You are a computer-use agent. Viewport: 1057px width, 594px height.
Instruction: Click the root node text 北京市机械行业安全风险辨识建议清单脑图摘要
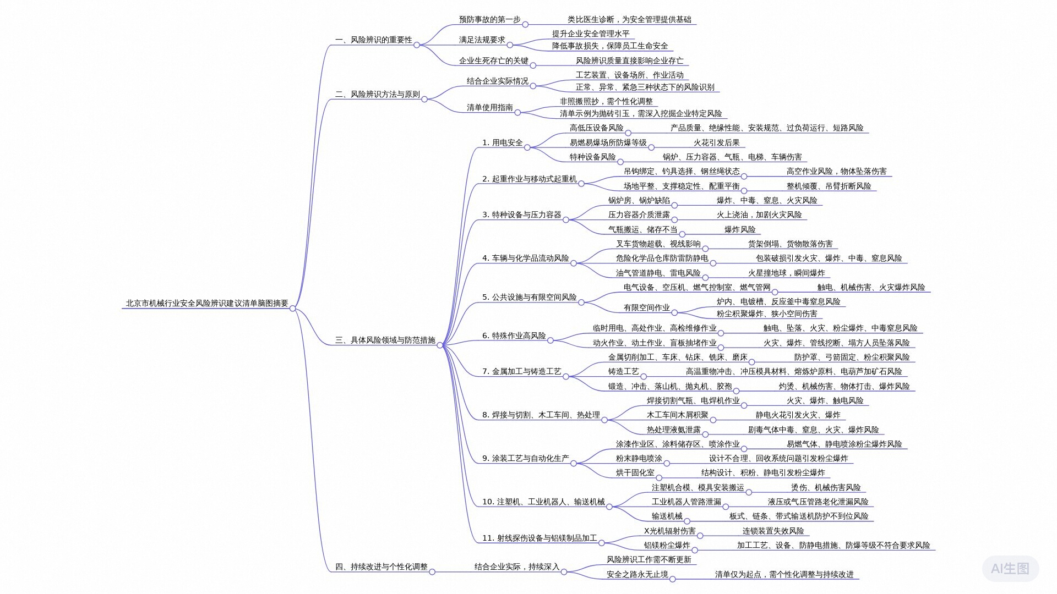[x=207, y=303]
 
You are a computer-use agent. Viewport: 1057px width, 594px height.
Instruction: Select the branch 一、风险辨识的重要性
[x=373, y=40]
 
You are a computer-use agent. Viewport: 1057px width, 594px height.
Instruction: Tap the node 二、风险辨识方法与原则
[x=377, y=94]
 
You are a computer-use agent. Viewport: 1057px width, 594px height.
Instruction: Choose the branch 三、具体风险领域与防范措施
[x=385, y=340]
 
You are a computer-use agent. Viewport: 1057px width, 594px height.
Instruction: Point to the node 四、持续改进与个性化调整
[x=381, y=566]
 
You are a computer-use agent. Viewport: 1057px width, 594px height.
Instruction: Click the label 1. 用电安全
[x=502, y=142]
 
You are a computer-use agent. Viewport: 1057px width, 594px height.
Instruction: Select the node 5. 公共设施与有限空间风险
[x=529, y=297]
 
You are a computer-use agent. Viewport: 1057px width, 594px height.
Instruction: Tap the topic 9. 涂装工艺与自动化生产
[x=525, y=458]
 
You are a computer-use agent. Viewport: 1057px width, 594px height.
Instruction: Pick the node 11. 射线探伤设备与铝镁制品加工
[x=539, y=538]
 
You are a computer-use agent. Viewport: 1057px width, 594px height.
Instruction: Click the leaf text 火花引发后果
[x=716, y=142]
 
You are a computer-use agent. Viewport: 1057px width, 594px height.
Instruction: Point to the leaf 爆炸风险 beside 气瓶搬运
[x=739, y=229]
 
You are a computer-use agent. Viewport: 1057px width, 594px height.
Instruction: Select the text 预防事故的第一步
[x=489, y=19]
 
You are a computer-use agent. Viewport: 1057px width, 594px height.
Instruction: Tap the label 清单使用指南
[x=489, y=107]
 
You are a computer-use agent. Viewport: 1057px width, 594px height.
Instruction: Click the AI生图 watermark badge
[x=1010, y=568]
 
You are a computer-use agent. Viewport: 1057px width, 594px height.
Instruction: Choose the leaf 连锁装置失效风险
[x=773, y=531]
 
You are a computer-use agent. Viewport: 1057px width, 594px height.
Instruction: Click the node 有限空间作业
[x=646, y=307]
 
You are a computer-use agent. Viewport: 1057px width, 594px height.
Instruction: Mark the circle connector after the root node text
[x=293, y=308]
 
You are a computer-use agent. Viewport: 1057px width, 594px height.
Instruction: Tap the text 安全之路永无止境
[x=637, y=574]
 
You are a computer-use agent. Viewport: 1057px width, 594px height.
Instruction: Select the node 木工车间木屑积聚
[x=677, y=415]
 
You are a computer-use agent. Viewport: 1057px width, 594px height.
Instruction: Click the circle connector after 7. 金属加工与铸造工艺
[x=565, y=376]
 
